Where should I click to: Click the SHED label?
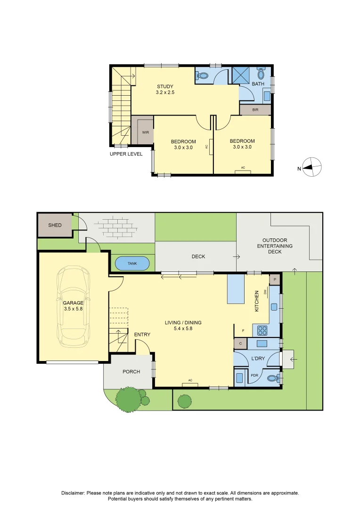[55, 225]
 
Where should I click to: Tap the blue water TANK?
[132, 263]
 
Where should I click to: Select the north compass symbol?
[311, 167]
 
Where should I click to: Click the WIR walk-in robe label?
[146, 132]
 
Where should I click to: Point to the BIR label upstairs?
[255, 110]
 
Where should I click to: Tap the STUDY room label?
[165, 86]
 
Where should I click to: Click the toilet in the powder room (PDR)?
[273, 378]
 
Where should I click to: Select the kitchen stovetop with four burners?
[262, 330]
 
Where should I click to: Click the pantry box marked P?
[275, 279]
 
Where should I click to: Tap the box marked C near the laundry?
[240, 344]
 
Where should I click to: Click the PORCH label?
[131, 371]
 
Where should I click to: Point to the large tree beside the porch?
[129, 399]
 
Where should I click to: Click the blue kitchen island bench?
[236, 289]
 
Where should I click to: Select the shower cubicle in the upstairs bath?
[240, 75]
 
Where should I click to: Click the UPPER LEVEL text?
[126, 154]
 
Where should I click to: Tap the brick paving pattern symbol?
[116, 226]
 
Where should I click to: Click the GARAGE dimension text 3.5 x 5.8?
[73, 309]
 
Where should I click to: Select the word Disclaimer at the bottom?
[73, 493]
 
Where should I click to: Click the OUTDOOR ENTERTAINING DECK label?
[275, 246]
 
